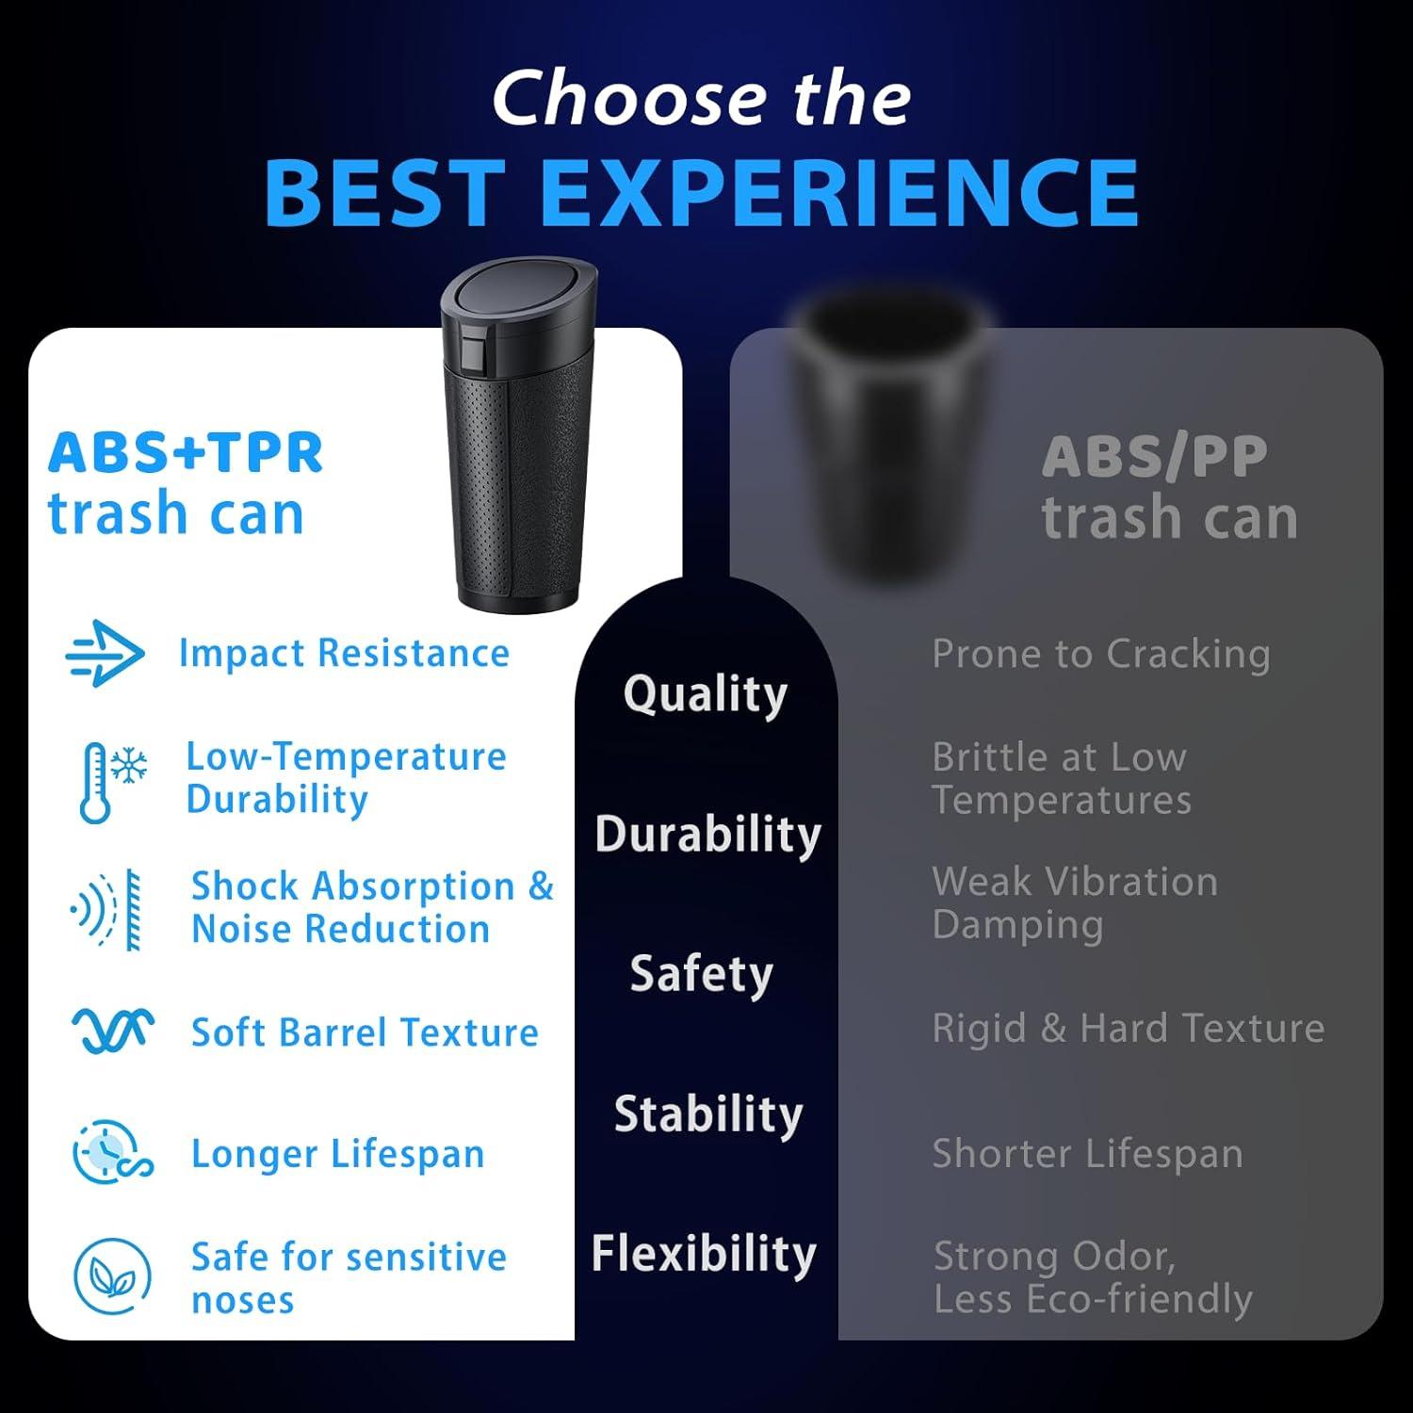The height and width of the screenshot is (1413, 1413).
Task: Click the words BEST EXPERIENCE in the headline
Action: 702,192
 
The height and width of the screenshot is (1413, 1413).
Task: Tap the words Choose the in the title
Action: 702,98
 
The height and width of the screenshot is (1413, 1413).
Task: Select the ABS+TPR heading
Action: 186,453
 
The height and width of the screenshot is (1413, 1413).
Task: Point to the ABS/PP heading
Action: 1155,458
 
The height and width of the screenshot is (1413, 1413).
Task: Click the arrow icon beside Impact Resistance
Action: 106,653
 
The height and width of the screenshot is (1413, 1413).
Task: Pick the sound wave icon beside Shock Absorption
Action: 107,909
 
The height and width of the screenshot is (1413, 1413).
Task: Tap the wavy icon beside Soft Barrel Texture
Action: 113,1030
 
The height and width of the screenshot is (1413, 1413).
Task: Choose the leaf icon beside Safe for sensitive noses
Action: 112,1276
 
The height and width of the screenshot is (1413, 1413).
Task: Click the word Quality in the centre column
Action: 705,695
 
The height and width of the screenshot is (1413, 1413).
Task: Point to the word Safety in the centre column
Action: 702,974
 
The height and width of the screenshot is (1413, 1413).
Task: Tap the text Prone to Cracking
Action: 1101,655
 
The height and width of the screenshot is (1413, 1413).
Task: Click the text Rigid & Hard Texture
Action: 1129,1028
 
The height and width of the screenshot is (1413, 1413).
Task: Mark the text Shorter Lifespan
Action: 1088,1154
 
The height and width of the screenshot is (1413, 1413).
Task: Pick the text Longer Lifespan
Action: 338,1154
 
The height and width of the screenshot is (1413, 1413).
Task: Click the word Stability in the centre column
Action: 708,1114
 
